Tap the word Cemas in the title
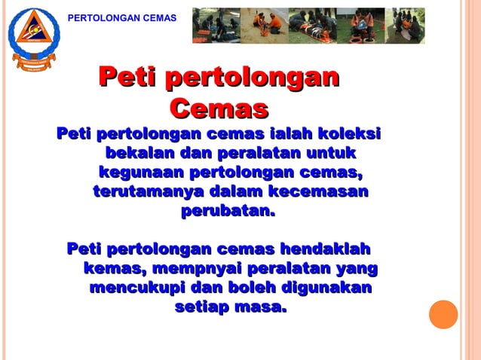pyautogui.click(x=219, y=108)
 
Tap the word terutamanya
pyautogui.click(x=148, y=193)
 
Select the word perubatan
pyautogui.click(x=227, y=212)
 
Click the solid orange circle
pyautogui.click(x=443, y=314)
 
